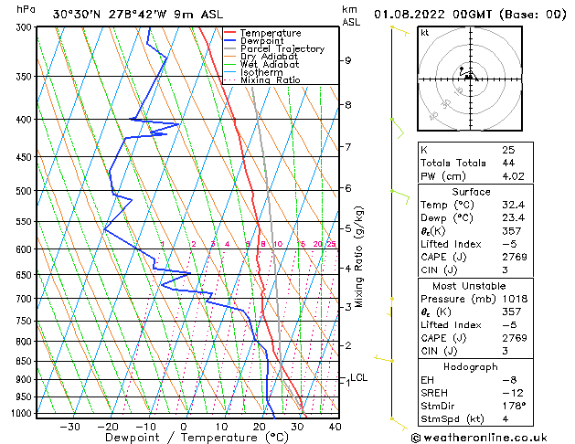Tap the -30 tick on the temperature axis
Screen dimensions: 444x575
(69, 426)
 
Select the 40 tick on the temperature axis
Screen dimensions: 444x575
(335, 426)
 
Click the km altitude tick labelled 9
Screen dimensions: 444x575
(348, 60)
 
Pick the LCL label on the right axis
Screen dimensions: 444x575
(359, 377)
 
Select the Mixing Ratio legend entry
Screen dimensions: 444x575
(270, 79)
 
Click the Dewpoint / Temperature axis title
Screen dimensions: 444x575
(184, 438)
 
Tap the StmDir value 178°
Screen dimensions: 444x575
(513, 406)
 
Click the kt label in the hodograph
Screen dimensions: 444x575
(424, 32)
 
